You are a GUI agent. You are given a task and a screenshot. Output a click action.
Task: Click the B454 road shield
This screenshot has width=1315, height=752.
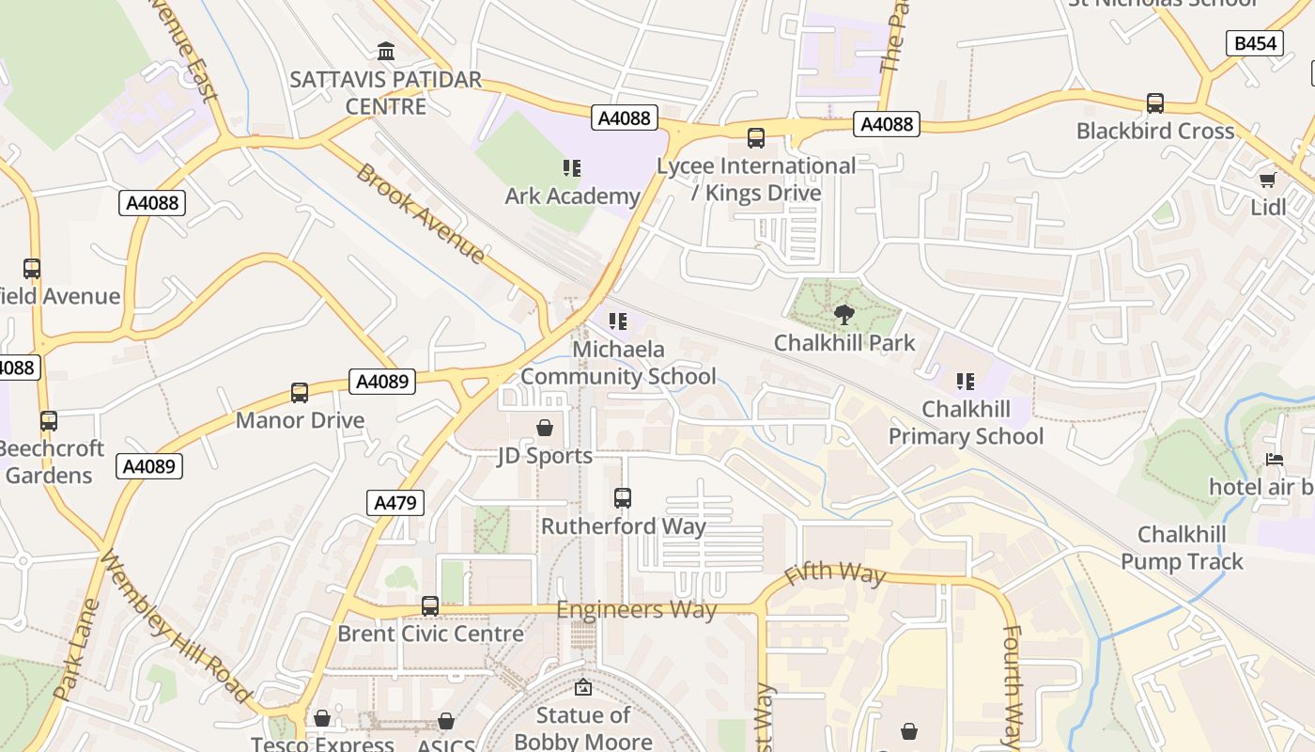pyautogui.click(x=1255, y=43)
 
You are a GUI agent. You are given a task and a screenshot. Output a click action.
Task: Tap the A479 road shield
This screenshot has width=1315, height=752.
pyautogui.click(x=394, y=503)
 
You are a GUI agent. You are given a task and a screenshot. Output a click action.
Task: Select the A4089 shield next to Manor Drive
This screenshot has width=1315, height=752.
pyautogui.click(x=383, y=382)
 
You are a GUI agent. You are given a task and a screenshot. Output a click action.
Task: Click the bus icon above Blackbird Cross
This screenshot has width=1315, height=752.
pyautogui.click(x=1155, y=103)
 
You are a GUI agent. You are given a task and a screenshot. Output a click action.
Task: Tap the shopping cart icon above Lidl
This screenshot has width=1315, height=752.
pyautogui.click(x=1268, y=180)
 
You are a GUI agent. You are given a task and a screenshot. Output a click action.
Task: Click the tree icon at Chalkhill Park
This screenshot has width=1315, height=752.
pyautogui.click(x=843, y=315)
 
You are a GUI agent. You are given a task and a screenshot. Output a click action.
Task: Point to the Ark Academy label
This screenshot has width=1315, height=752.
pyautogui.click(x=572, y=196)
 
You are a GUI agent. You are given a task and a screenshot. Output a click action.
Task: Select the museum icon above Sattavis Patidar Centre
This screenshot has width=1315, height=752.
pyautogui.click(x=386, y=51)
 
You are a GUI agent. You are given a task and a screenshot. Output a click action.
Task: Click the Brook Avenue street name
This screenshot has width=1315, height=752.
pyautogui.click(x=420, y=214)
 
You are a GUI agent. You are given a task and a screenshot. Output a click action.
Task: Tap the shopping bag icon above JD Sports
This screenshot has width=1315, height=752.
pyautogui.click(x=545, y=429)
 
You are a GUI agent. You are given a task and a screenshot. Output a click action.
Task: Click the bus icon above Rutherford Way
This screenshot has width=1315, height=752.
pyautogui.click(x=622, y=498)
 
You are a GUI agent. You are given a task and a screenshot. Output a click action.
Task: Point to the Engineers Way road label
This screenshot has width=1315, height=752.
pyautogui.click(x=637, y=610)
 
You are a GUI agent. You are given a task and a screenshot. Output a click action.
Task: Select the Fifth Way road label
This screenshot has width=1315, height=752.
pyautogui.click(x=835, y=572)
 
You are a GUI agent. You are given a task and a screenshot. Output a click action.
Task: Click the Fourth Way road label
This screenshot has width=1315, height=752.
pyautogui.click(x=1011, y=686)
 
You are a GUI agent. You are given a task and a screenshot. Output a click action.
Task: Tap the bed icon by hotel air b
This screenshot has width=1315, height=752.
pyautogui.click(x=1275, y=460)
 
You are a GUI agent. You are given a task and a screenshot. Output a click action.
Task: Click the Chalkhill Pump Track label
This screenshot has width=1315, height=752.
pyautogui.click(x=1182, y=548)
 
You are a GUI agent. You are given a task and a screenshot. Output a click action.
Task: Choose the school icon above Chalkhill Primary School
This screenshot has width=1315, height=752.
pyautogui.click(x=966, y=382)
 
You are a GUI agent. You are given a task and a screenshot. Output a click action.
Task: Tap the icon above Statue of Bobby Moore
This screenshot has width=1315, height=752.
pyautogui.click(x=583, y=688)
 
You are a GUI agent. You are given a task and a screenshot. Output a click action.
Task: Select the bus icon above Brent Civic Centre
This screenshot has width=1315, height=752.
pyautogui.click(x=430, y=606)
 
